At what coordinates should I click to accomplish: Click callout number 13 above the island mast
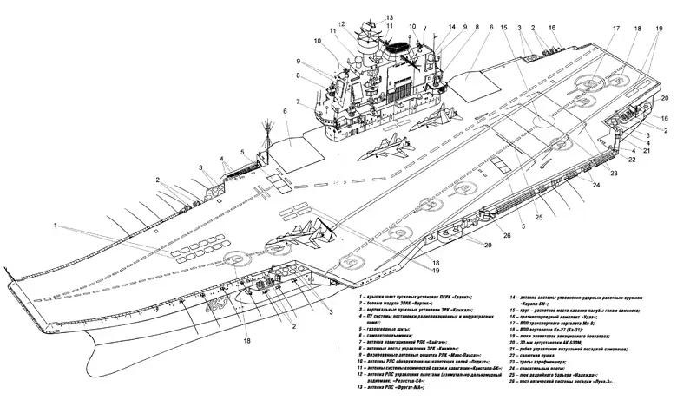click(x=389, y=17)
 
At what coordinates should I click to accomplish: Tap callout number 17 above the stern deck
click(x=593, y=29)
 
